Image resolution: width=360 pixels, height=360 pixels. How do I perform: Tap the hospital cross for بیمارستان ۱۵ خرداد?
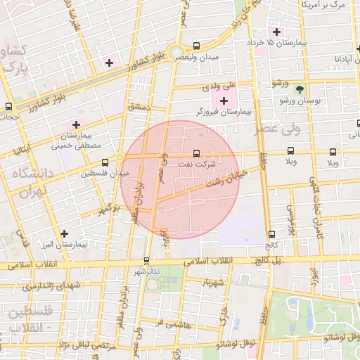pyautogui.click(x=277, y=32)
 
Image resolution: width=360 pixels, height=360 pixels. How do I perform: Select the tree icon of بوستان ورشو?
pyautogui.click(x=301, y=89)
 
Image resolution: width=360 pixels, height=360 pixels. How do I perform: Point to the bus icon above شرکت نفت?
pyautogui.click(x=196, y=152)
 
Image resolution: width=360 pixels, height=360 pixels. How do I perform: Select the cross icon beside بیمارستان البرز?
pyautogui.click(x=65, y=233)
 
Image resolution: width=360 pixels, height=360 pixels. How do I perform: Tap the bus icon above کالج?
pyautogui.click(x=271, y=234)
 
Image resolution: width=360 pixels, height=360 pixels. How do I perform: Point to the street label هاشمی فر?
pyautogui.click(x=169, y=322)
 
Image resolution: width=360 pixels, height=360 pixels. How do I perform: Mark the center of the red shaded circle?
pyautogui.click(x=180, y=179)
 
